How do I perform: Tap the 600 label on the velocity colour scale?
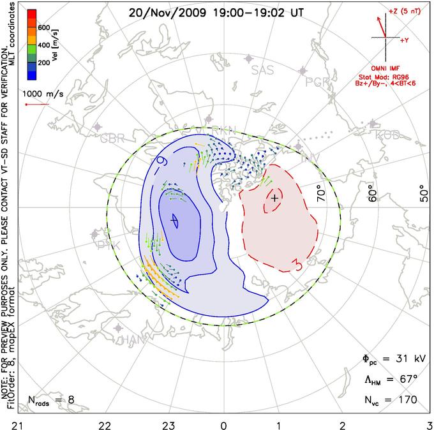43,27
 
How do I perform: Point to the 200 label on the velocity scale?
43,64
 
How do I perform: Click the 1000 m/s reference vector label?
43,94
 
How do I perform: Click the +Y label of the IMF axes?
405,40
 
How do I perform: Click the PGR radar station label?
317,82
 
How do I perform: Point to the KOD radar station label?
387,135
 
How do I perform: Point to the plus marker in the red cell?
274,198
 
